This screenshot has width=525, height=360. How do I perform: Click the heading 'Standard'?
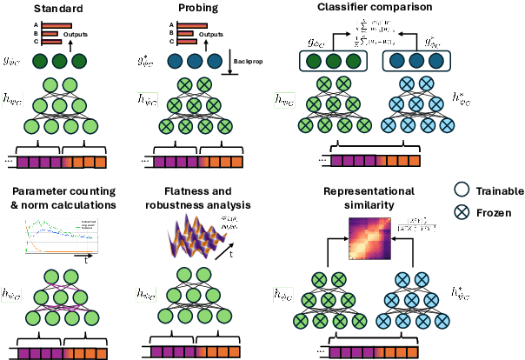coord(57,8)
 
